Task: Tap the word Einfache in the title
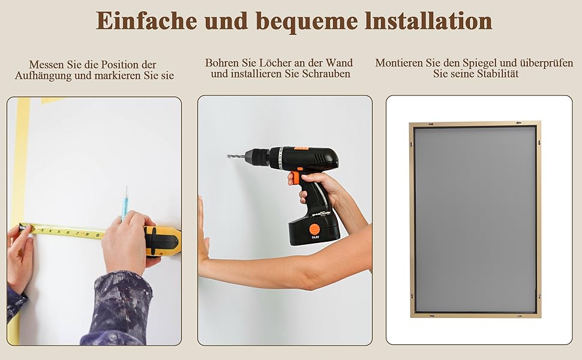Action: (146, 21)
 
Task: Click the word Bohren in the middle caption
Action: (221, 63)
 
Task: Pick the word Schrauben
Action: (326, 74)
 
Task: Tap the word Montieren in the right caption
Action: (399, 63)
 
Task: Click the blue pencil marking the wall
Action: (125, 204)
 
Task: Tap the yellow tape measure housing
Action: (163, 241)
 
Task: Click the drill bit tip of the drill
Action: (228, 156)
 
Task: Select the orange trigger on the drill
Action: (295, 178)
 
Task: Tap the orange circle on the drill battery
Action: (314, 229)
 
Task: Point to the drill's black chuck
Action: (257, 156)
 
